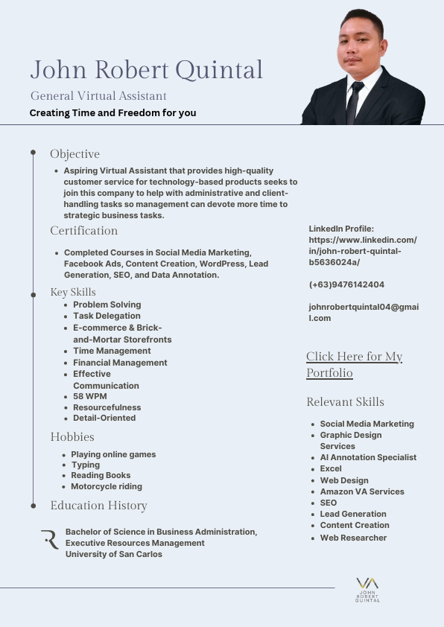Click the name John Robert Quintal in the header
point(146,69)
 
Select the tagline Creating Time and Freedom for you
point(112,113)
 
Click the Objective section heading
point(74,154)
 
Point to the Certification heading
point(83,231)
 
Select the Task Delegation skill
point(107,316)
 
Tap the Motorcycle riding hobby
point(106,486)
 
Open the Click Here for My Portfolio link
point(354,365)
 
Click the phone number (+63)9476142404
point(346,284)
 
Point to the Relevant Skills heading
point(345,402)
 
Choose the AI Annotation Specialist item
point(368,457)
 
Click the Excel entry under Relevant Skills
point(331,468)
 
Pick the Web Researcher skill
point(353,538)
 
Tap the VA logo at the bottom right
point(367,588)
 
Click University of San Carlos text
point(113,554)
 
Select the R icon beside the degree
point(50,540)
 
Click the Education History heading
point(98,506)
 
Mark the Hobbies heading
point(72,437)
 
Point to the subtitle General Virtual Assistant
point(98,96)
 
